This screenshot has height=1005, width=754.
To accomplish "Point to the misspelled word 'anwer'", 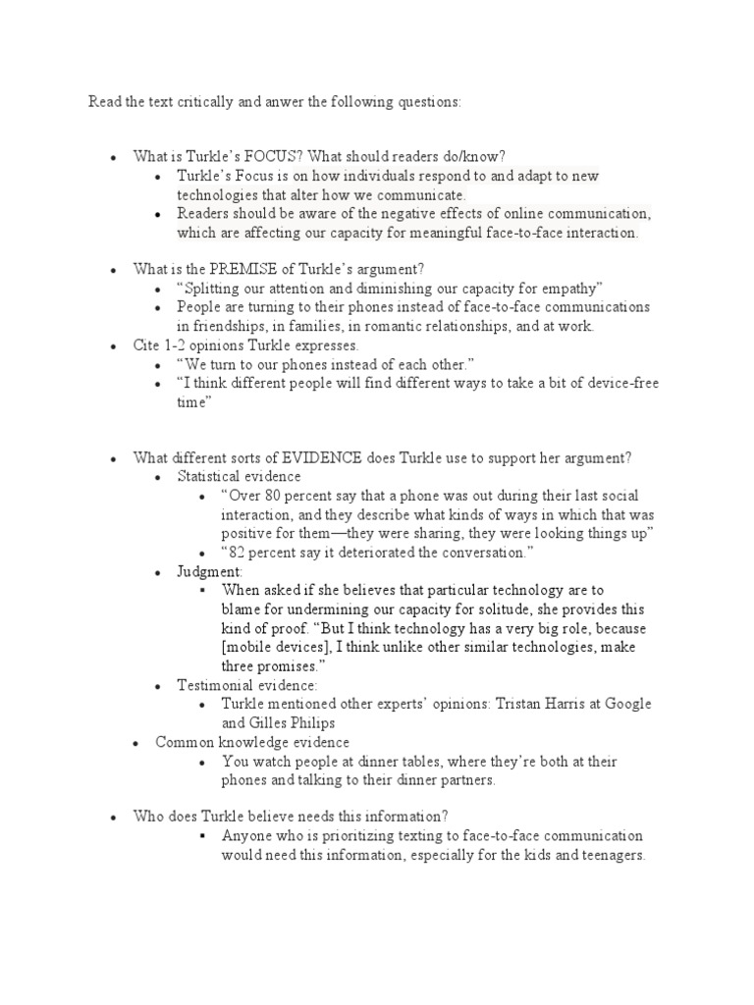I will (x=258, y=101).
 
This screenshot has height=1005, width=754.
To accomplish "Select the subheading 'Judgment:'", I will (x=209, y=571).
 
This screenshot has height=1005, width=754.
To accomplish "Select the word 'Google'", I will (x=629, y=705).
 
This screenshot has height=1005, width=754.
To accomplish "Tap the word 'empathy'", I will (x=576, y=289).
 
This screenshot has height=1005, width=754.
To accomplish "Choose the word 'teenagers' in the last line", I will (x=610, y=855).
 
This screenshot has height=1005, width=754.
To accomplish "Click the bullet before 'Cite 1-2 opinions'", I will (x=114, y=346).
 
